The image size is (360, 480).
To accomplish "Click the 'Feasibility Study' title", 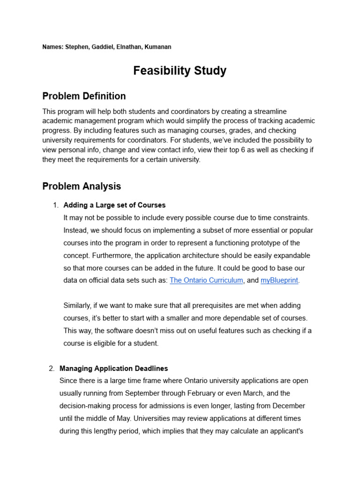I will pyautogui.click(x=180, y=71).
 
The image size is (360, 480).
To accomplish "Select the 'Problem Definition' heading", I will pyautogui.click(x=84, y=96).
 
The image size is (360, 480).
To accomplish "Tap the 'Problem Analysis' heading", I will pyautogui.click(x=82, y=186).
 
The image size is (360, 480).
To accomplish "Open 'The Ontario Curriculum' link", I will pyautogui.click(x=206, y=280).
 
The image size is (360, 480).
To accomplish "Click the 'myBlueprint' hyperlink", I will pyautogui.click(x=279, y=280).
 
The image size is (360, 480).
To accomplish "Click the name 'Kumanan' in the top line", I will pyautogui.click(x=158, y=47).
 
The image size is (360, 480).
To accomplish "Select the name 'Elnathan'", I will pyautogui.click(x=130, y=47).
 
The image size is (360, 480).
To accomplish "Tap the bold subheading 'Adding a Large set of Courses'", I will pyautogui.click(x=114, y=205).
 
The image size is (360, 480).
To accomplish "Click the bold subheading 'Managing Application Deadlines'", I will pyautogui.click(x=113, y=368).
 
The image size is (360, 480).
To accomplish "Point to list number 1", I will pyautogui.click(x=54, y=205).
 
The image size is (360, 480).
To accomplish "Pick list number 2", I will pyautogui.click(x=51, y=368).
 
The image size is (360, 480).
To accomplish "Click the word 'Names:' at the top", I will pyautogui.click(x=52, y=47).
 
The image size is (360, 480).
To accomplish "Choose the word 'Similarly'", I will pyautogui.click(x=77, y=306).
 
